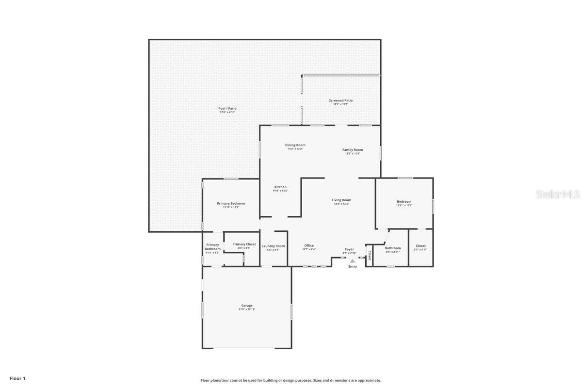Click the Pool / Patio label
[227, 109]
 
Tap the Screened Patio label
[340, 100]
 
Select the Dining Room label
[295, 145]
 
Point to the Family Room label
[353, 150]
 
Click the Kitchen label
[280, 187]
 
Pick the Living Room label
[341, 200]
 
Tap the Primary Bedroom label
[231, 203]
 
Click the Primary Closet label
[244, 244]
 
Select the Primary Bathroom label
[212, 247]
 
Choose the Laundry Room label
[273, 246]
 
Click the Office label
[309, 245]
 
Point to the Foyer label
[349, 249]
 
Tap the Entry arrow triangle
[353, 261]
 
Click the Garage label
[247, 306]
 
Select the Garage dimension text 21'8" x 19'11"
[247, 309]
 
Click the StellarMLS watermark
[557, 194]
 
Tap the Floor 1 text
[17, 378]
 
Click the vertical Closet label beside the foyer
[369, 255]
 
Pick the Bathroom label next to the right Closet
[393, 248]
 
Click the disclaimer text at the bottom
[291, 380]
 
